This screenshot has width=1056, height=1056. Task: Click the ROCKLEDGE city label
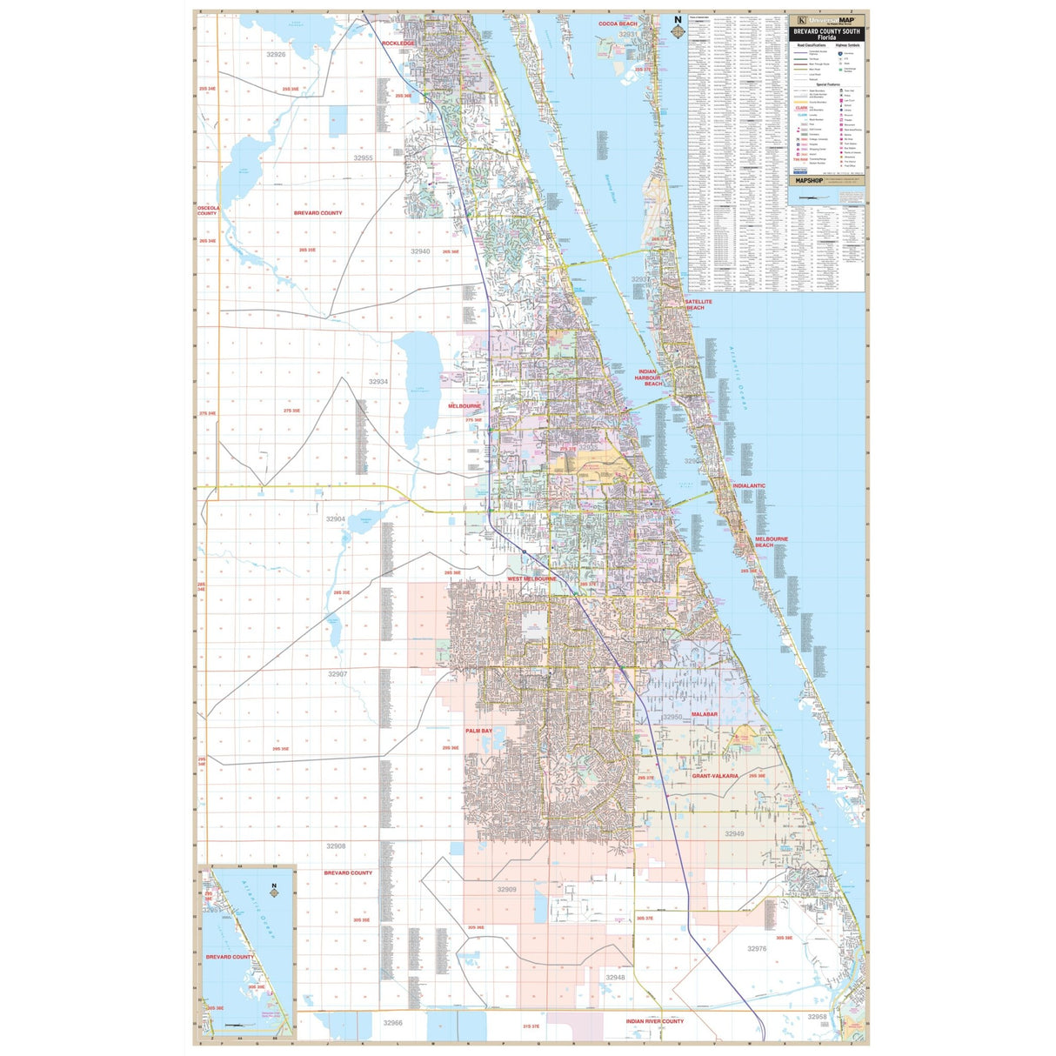398,43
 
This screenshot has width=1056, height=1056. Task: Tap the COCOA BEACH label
618,23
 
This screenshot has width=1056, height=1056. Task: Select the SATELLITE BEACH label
698,304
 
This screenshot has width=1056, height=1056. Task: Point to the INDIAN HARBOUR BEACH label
648,378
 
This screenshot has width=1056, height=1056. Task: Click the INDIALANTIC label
749,485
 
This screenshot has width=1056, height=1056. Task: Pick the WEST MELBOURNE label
531,578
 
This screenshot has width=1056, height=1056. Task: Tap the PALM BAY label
478,731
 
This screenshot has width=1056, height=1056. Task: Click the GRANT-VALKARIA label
715,775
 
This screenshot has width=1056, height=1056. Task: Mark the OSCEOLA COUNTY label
207,211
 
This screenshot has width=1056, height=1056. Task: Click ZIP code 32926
276,54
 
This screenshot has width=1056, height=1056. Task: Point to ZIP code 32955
363,158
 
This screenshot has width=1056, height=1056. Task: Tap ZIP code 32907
338,674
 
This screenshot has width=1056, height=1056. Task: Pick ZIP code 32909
506,890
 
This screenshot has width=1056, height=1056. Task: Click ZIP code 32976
757,949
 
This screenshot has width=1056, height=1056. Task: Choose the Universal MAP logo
826,19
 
